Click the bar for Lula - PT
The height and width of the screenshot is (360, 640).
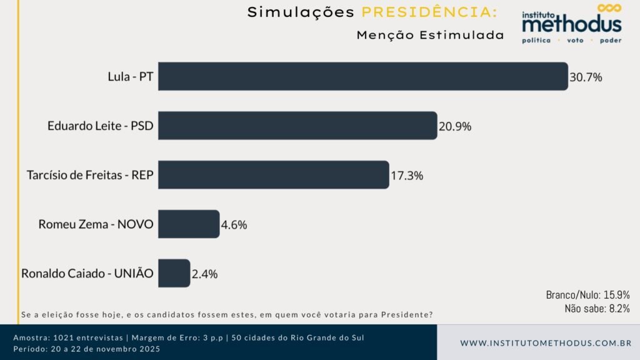pos(362,76)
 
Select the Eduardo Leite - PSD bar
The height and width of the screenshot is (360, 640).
pos(297,126)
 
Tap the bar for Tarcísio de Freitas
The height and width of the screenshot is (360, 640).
pos(273,175)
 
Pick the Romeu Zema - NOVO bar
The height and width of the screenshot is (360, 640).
pos(188,224)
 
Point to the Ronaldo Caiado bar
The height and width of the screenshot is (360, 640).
pos(174,273)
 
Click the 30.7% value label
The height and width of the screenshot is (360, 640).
pos(586,77)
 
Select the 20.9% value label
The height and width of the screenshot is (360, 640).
pos(455,126)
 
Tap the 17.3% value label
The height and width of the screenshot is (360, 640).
pos(407,176)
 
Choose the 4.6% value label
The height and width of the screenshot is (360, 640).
pos(234,224)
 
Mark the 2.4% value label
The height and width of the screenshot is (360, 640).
pos(204,274)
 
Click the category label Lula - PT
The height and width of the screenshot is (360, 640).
pos(131,77)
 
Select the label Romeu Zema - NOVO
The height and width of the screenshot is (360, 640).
pos(96,224)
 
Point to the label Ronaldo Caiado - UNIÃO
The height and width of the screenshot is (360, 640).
pos(87,273)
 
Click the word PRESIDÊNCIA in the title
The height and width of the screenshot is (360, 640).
pos(430,12)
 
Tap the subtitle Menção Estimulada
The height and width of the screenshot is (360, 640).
pos(430,35)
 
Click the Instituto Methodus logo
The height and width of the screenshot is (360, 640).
pos(572,24)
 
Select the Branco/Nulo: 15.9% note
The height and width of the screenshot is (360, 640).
pos(587,294)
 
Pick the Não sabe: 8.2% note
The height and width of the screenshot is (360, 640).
pos(597,308)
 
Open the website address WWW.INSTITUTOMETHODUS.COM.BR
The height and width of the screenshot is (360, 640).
pos(546,343)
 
